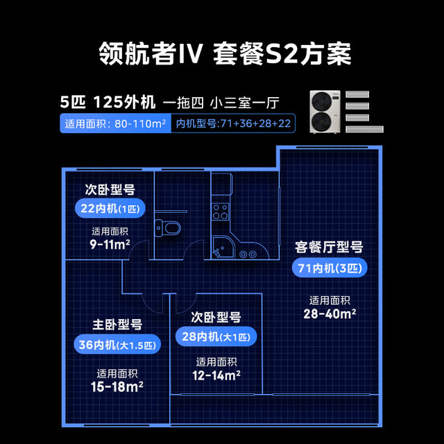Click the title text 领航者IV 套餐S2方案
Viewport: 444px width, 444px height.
pos(225,53)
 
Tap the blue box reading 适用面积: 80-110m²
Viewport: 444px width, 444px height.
pos(116,123)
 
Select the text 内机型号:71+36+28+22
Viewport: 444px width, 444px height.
pos(233,123)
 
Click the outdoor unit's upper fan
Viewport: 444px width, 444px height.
pos(322,101)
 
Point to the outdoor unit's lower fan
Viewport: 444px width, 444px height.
pos(322,121)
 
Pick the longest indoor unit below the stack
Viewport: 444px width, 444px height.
pos(364,129)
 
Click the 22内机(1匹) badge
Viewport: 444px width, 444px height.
pos(110,209)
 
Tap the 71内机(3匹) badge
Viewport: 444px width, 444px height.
pos(330,268)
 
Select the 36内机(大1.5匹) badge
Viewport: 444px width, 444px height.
pos(117,345)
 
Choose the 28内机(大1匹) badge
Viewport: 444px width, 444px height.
pos(216,336)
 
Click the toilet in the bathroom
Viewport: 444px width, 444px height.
pos(168,227)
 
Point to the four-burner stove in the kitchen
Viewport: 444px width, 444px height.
pos(221,212)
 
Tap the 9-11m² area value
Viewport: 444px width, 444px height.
pos(110,244)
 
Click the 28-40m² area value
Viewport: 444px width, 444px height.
pos(330,314)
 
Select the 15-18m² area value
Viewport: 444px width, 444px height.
pos(117,386)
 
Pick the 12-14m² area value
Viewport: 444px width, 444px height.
pos(216,375)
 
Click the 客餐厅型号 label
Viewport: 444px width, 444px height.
pos(329,247)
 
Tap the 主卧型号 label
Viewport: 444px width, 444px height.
pos(117,325)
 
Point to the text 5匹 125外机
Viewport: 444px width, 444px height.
pos(108,102)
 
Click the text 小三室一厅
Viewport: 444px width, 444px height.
pos(245,103)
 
